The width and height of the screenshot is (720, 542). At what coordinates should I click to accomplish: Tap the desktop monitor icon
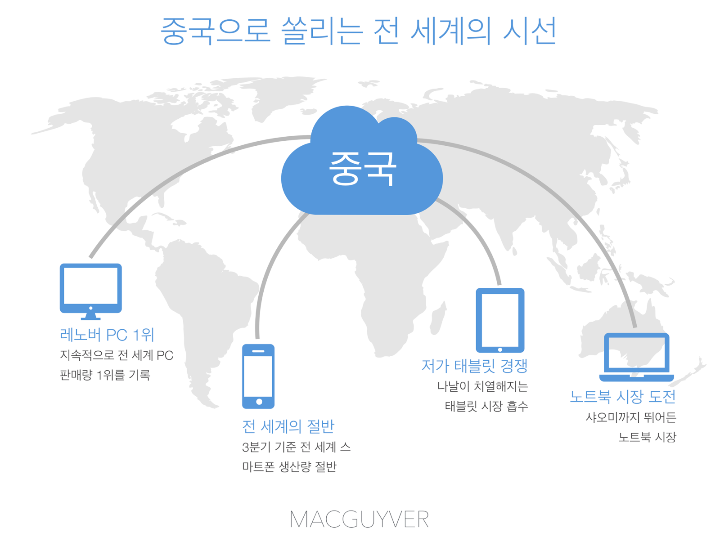(x=91, y=288)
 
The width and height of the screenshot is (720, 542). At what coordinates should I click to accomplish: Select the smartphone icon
(x=258, y=376)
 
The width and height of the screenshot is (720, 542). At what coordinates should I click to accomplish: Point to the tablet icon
(x=500, y=320)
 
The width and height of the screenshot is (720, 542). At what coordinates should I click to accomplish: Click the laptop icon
(x=636, y=357)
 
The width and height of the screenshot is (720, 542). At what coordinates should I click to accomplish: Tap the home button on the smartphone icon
(x=259, y=402)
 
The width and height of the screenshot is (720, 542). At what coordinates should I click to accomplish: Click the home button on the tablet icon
(x=500, y=349)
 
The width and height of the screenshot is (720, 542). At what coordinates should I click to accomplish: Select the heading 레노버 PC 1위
(x=107, y=335)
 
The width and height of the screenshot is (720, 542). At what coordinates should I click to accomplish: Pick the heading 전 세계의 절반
(x=288, y=426)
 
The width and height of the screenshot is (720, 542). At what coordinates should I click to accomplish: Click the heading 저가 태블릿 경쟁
(x=474, y=366)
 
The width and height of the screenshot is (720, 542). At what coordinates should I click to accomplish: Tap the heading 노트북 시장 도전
(x=623, y=396)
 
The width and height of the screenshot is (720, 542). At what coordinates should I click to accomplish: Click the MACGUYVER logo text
(x=359, y=520)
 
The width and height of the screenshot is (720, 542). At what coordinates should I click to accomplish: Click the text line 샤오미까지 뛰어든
(x=631, y=417)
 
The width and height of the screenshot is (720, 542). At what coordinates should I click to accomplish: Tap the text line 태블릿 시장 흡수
(x=486, y=406)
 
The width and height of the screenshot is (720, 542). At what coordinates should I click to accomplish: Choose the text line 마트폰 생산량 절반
(x=289, y=466)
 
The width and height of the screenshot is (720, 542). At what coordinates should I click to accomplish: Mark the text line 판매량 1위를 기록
(x=105, y=375)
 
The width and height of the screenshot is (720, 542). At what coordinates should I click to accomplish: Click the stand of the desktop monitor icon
(x=91, y=316)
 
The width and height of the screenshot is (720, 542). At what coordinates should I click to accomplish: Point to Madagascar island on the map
(x=437, y=318)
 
